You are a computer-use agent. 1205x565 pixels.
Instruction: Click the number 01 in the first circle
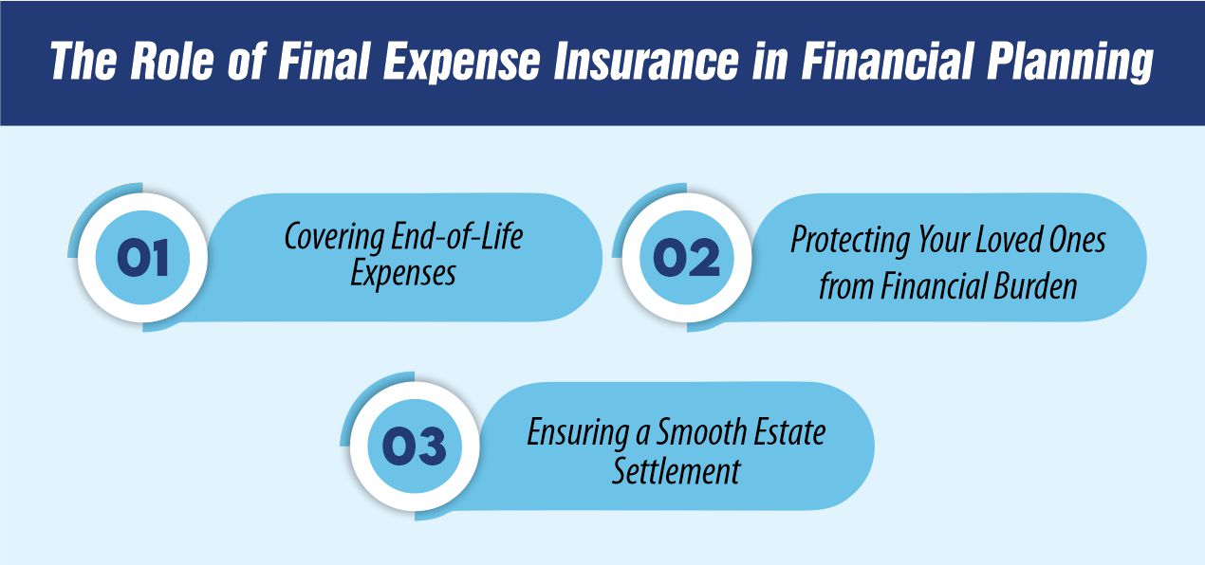point(142,258)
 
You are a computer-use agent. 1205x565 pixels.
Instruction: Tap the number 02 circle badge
point(686,258)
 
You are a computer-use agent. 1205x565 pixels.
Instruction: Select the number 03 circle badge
point(415,447)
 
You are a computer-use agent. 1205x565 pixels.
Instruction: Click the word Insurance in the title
point(645,61)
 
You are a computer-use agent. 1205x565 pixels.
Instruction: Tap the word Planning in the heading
point(1069,63)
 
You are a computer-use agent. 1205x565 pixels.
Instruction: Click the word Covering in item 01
point(333,237)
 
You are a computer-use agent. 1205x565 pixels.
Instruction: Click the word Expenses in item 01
point(403,274)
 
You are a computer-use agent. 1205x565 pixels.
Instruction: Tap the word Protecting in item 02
point(849,240)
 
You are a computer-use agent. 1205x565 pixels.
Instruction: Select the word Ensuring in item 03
point(577,432)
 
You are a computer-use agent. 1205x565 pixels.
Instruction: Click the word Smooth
point(702,431)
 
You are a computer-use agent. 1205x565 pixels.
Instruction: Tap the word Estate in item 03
point(789,431)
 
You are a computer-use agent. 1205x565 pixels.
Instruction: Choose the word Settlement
point(677,471)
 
